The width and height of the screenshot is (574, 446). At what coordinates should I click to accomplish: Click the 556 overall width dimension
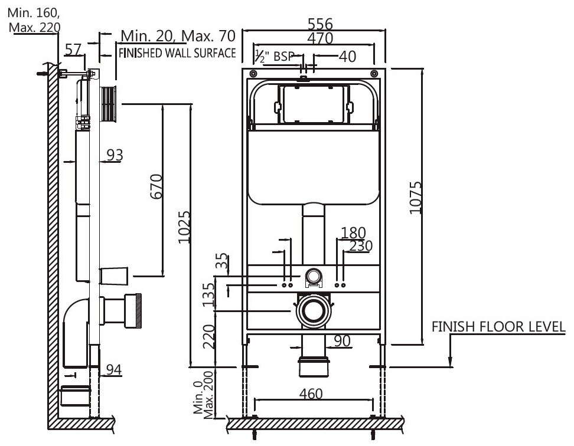tap(319, 24)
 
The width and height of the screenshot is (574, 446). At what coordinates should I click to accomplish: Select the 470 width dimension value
tap(319, 38)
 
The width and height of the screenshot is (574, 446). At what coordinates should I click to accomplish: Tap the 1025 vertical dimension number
tap(184, 227)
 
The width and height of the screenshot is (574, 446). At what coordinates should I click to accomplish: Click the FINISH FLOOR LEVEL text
tap(498, 326)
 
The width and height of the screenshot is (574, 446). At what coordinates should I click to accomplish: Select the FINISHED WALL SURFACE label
tap(178, 54)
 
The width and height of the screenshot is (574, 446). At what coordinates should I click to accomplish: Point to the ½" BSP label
tap(274, 56)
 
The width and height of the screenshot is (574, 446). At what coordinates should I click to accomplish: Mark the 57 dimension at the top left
tap(73, 50)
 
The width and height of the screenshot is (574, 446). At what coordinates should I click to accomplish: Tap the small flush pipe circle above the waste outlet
tap(314, 275)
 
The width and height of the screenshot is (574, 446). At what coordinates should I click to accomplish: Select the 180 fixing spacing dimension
tap(354, 232)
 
